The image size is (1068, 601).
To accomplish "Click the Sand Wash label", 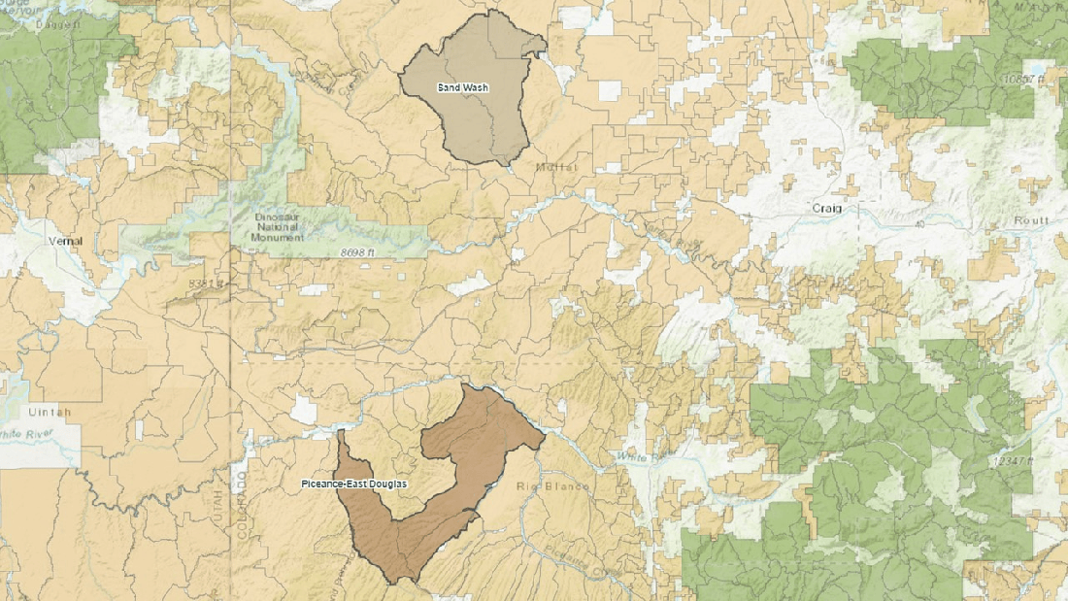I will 462,87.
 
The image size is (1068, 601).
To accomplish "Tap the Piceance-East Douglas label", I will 353,484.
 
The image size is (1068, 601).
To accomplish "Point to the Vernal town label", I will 65,240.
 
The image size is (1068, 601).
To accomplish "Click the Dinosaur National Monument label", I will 279,227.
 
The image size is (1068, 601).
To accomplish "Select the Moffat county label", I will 555,168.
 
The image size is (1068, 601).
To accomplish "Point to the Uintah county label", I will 49,412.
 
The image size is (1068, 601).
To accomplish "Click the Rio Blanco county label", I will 553,485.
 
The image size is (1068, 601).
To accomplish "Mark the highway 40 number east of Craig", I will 918,225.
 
